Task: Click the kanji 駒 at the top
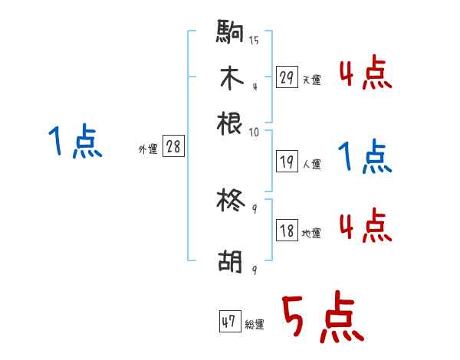(x=230, y=32)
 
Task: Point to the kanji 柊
(x=230, y=201)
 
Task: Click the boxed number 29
(x=287, y=77)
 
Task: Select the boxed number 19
(x=287, y=162)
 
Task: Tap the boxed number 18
(x=287, y=231)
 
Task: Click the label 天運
(x=311, y=80)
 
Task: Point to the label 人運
(x=311, y=164)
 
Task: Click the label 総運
(x=255, y=325)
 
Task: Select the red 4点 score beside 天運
(x=365, y=74)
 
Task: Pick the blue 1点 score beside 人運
(x=365, y=158)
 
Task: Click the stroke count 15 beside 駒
(x=253, y=40)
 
